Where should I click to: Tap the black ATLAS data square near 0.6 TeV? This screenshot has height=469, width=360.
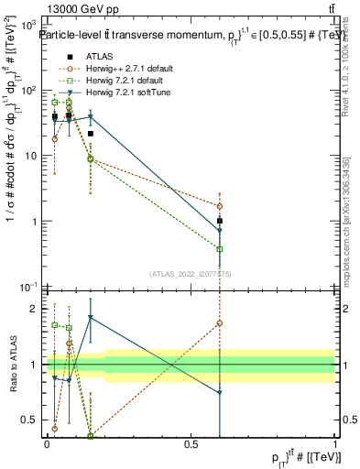tap(220, 221)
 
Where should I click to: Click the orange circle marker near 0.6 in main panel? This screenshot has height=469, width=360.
tap(220, 206)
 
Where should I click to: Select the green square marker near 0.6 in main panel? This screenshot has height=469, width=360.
tap(220, 248)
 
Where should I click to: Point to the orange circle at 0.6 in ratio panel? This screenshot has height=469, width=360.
tap(220, 322)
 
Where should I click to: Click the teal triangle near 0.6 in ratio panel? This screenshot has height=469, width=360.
tap(220, 393)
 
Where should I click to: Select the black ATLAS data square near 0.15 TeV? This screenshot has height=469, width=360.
tap(91, 134)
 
